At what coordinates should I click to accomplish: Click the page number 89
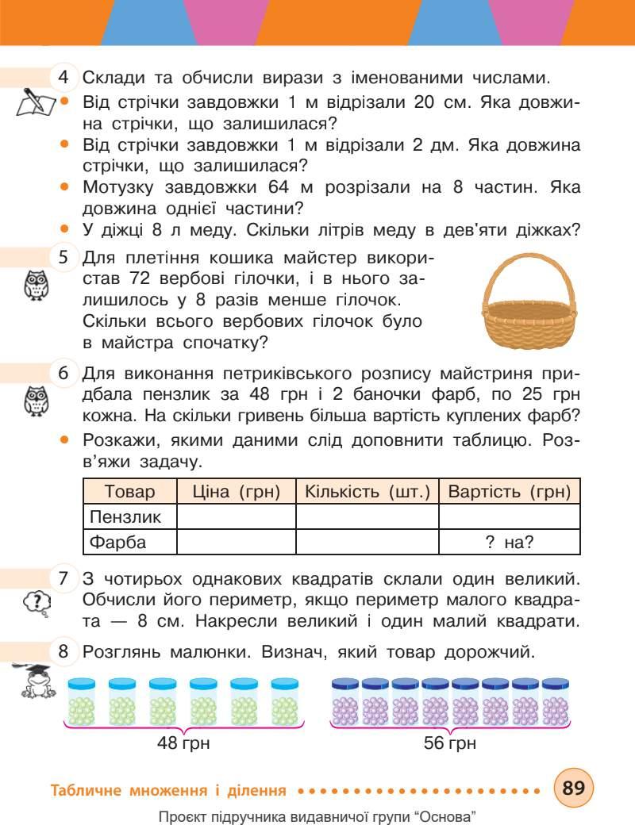click(574, 789)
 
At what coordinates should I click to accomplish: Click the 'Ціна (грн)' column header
click(236, 491)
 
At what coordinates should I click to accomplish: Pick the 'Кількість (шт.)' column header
click(367, 491)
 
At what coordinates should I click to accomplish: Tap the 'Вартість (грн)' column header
click(510, 491)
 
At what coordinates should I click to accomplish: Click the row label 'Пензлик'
click(125, 517)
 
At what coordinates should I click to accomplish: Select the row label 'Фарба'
click(119, 543)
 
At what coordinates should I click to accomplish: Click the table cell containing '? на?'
click(510, 543)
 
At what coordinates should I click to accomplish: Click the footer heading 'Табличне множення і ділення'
click(167, 790)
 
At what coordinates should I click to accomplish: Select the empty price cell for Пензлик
click(236, 517)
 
